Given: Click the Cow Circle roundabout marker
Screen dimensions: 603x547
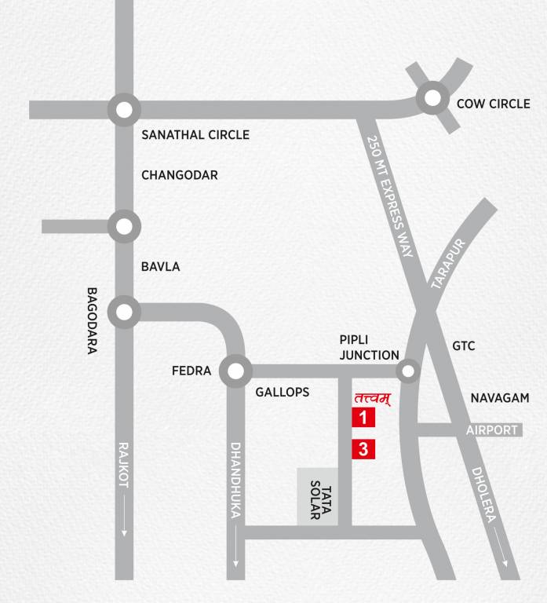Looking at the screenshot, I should (432, 98).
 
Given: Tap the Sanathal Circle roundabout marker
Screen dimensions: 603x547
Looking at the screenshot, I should (123, 111).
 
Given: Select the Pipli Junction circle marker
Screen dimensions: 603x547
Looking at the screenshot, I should (407, 371).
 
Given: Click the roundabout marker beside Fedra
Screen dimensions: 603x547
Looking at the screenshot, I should (235, 371).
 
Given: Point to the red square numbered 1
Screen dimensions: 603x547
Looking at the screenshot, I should (363, 417).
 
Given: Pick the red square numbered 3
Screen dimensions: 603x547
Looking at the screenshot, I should (363, 450).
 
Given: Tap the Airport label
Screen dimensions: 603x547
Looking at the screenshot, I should (492, 430).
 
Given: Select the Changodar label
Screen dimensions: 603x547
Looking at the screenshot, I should (180, 175).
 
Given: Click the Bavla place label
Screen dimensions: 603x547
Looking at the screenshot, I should (161, 267).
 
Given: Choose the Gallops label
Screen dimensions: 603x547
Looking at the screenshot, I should (283, 393).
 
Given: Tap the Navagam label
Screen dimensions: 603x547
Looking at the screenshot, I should (500, 399).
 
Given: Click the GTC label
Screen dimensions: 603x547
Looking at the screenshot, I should (464, 346).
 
